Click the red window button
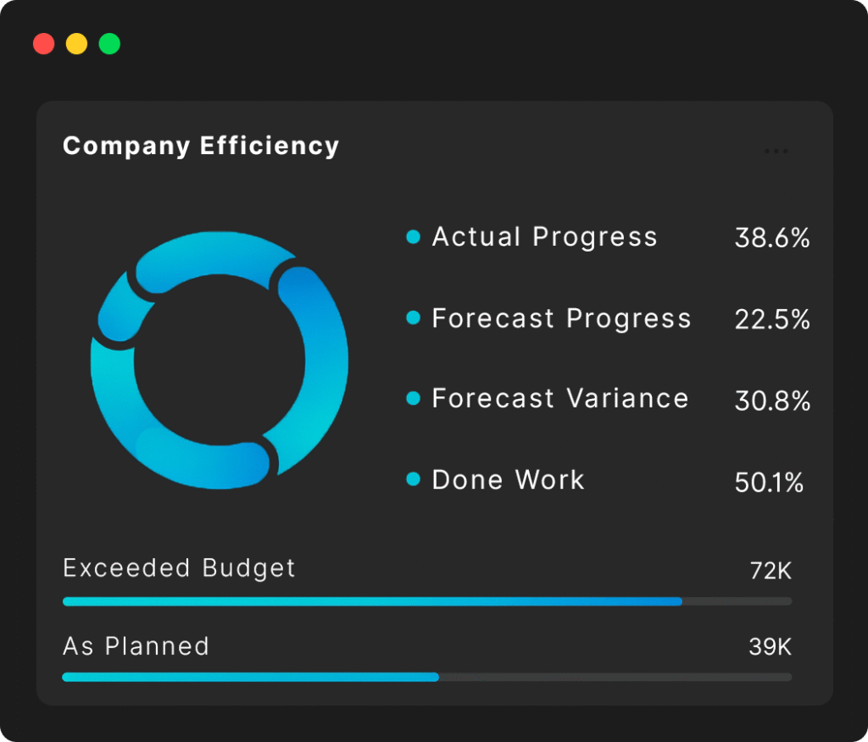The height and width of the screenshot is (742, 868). [x=44, y=44]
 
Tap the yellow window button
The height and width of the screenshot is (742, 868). [x=76, y=44]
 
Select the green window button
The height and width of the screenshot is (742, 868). [x=109, y=44]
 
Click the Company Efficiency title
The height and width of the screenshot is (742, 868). [x=201, y=146]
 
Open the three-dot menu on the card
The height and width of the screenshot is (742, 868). [x=776, y=152]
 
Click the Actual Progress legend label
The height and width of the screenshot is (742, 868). [x=544, y=237]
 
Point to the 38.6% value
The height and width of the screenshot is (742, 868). [x=772, y=239]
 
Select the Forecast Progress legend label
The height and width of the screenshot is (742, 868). [x=561, y=318]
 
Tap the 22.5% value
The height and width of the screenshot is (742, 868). [x=772, y=320]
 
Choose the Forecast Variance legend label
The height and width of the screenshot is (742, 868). [x=560, y=398]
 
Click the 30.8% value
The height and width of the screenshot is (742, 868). [x=772, y=401]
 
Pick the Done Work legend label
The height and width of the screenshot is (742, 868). [x=508, y=480]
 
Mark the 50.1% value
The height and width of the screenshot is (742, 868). [x=769, y=483]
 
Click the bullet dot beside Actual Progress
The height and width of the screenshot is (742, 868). [x=414, y=237]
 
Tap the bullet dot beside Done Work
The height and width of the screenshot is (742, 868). [x=414, y=480]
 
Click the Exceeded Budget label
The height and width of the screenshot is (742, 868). [x=180, y=568]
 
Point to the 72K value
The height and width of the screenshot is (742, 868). [x=771, y=571]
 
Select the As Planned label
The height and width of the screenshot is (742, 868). [x=136, y=646]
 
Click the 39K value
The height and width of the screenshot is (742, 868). [x=771, y=648]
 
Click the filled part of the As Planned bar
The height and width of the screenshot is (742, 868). [x=250, y=677]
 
